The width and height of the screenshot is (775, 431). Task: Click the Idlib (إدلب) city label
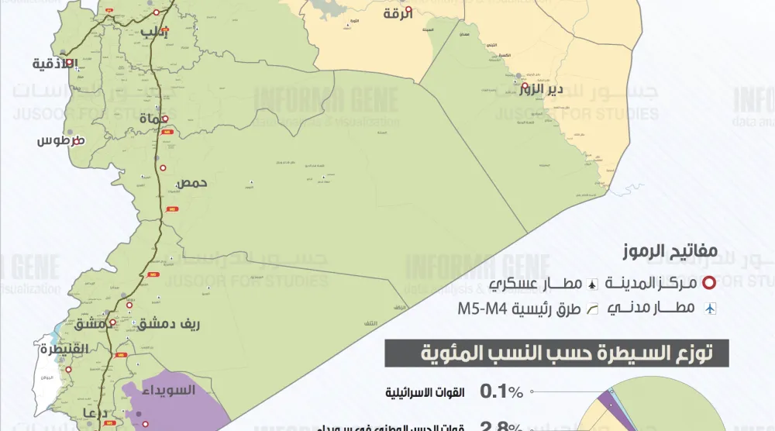pyautogui.click(x=154, y=32)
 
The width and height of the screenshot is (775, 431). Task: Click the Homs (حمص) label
pyautogui.click(x=193, y=184)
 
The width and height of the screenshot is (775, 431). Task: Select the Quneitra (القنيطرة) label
pyautogui.click(x=60, y=349)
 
